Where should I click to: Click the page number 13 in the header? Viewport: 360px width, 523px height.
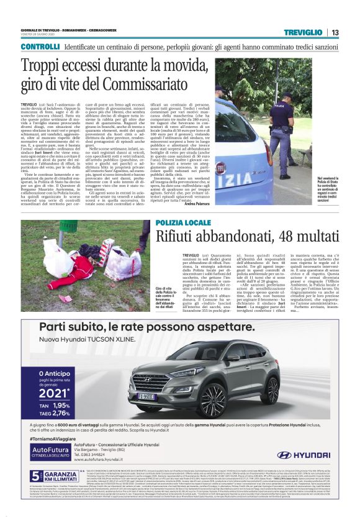coord(335,32)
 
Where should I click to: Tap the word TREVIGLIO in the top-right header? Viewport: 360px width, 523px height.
coord(303,32)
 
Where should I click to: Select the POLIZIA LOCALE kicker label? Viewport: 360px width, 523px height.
coord(177,222)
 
